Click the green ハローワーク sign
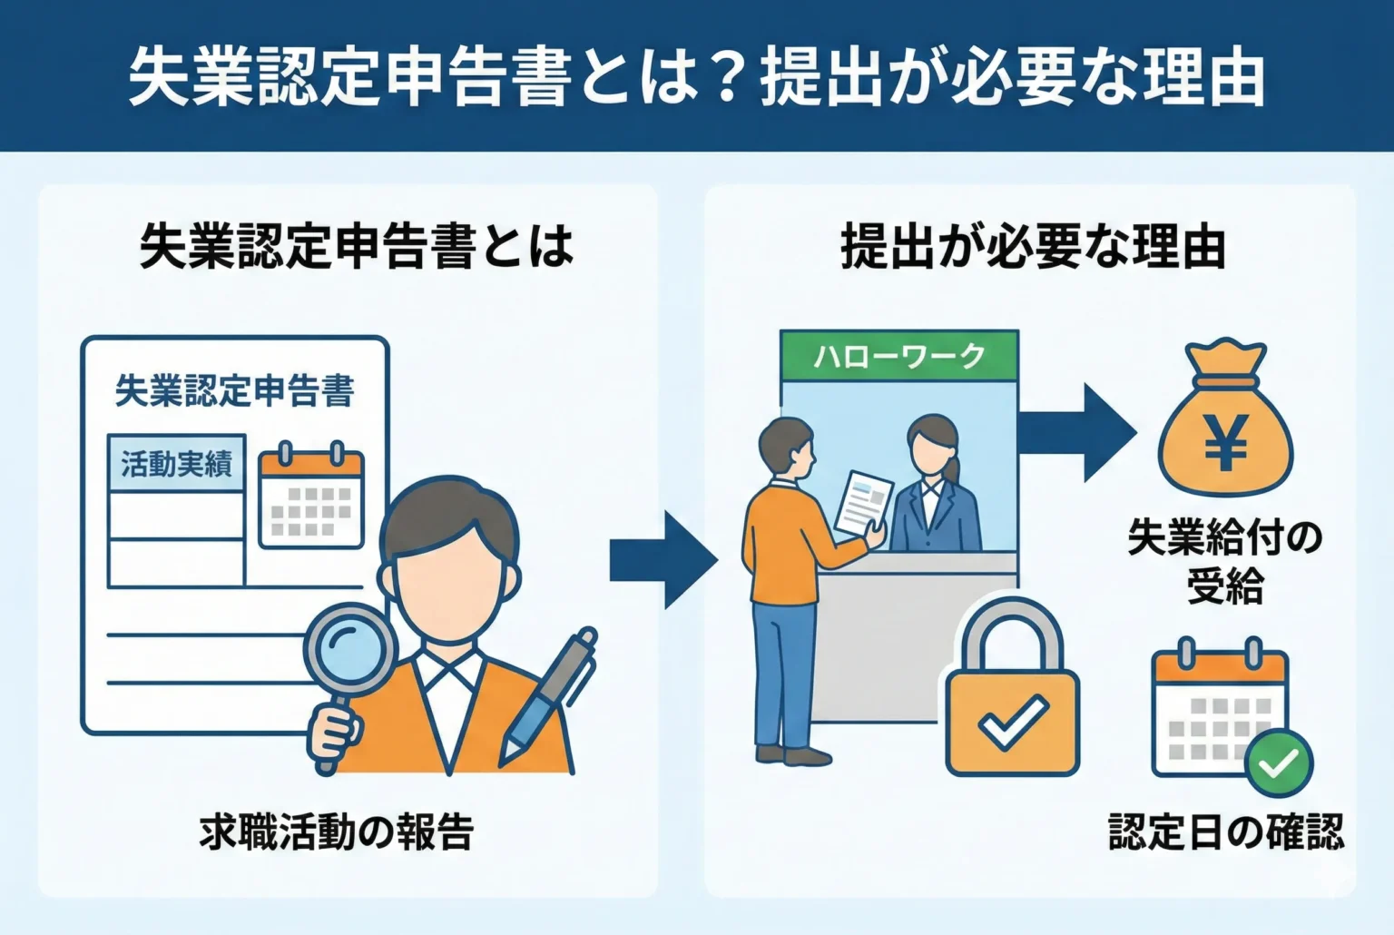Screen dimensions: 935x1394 (898, 356)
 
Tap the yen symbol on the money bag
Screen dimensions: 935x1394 (1225, 442)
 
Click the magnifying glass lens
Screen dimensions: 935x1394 (350, 648)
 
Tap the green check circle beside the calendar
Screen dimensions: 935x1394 (1279, 763)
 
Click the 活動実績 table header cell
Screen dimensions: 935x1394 (176, 464)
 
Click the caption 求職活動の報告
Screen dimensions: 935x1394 (337, 832)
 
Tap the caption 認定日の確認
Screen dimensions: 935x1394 (1225, 832)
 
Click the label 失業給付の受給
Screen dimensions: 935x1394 (1225, 562)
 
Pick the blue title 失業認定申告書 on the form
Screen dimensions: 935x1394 (234, 391)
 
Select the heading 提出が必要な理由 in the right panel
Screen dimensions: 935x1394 (1032, 246)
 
